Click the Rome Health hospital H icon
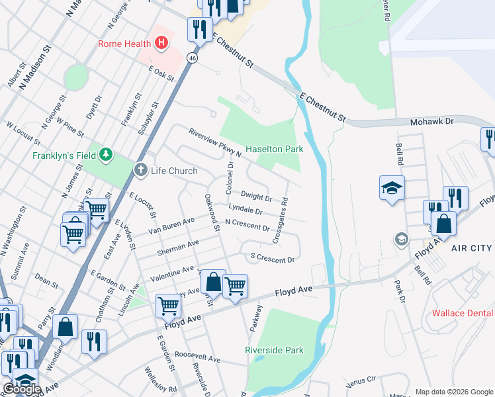click(160, 44)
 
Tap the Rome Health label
click(124, 44)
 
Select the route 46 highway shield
click(192, 58)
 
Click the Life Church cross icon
click(140, 171)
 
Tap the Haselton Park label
click(275, 150)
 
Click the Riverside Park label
click(274, 350)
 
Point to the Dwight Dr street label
click(256, 197)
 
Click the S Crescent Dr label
click(271, 258)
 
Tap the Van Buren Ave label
click(171, 224)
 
